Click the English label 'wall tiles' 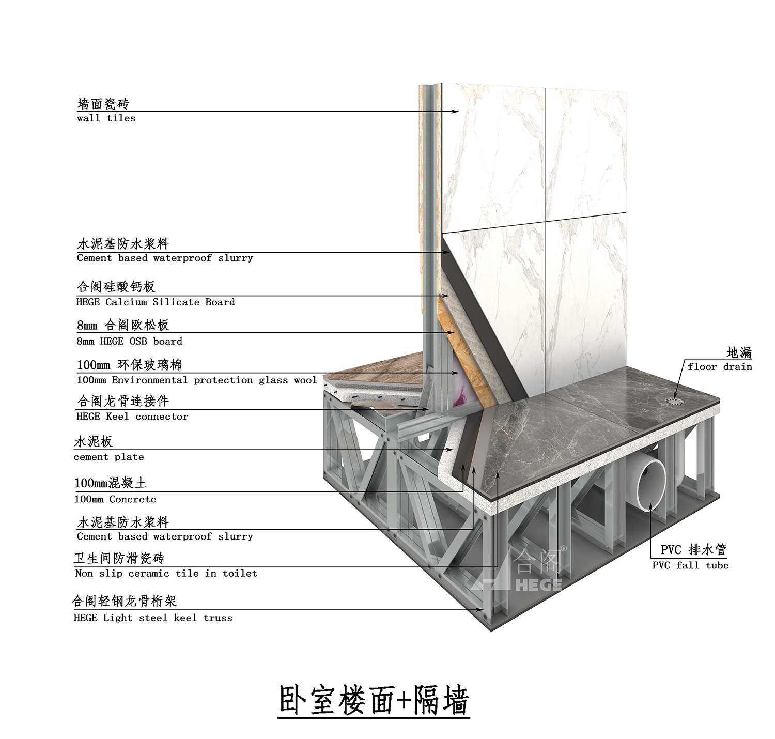pyautogui.click(x=106, y=118)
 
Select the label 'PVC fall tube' pyautogui.click(x=690, y=565)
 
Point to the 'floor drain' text pyautogui.click(x=720, y=367)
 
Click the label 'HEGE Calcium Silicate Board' pyautogui.click(x=156, y=302)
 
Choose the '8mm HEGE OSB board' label pyautogui.click(x=130, y=342)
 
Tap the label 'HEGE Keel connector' pyautogui.click(x=132, y=417)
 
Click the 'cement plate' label pyautogui.click(x=109, y=457)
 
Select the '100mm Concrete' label pyautogui.click(x=115, y=499)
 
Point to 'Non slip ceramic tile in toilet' pyautogui.click(x=166, y=573)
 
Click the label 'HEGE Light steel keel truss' pyautogui.click(x=153, y=618)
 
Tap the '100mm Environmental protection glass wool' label pyautogui.click(x=197, y=380)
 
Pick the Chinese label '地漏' pyautogui.click(x=739, y=352)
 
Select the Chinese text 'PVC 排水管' pyautogui.click(x=693, y=549)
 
